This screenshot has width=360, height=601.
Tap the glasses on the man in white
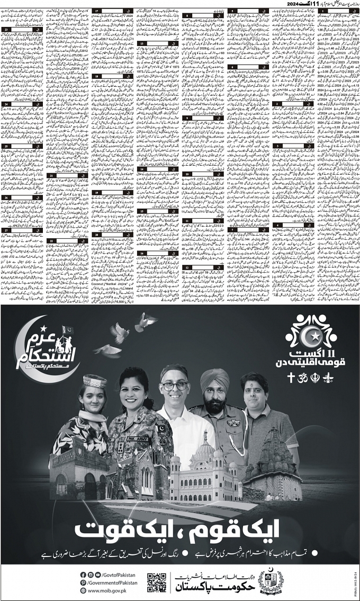point(175,385)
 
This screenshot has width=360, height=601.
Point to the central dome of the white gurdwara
point(204,448)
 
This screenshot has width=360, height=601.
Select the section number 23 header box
point(21,30)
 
